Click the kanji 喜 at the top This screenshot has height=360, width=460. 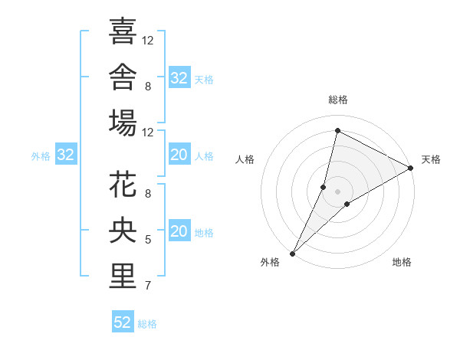[123, 31]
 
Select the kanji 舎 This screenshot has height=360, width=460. [123, 77]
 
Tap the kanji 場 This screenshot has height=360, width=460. [123, 123]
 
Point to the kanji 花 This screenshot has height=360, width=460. [123, 184]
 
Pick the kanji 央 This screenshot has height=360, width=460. [123, 230]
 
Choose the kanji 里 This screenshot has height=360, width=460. [123, 276]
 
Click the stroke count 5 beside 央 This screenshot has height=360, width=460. [148, 240]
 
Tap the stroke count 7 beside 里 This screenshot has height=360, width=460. [148, 286]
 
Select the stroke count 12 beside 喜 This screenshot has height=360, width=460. [147, 41]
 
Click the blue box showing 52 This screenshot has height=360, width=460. [123, 321]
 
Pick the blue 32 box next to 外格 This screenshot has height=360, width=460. [66, 154]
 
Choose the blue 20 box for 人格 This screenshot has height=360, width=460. [179, 154]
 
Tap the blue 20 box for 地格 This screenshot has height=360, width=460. [179, 230]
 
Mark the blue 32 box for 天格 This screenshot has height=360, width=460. [179, 77]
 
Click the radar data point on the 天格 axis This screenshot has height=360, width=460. [411, 168]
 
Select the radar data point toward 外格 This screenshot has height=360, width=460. [293, 254]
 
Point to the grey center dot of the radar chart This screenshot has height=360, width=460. [337, 191]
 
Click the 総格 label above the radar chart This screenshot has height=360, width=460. [338, 100]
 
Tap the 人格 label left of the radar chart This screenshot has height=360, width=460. [245, 159]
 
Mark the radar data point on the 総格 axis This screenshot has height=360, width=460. [337, 130]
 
